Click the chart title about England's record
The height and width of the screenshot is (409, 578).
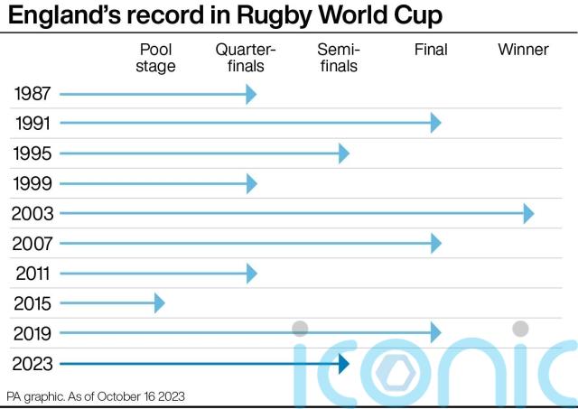coord(225,17)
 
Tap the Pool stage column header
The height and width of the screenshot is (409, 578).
coord(157,58)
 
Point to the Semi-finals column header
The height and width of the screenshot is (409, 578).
coord(339,58)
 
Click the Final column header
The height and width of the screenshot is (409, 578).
coord(431,50)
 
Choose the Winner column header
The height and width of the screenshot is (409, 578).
coord(523,50)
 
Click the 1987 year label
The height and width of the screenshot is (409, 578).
coord(33,94)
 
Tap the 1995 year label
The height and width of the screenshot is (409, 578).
coord(33,153)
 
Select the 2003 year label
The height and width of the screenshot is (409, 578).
coord(33,214)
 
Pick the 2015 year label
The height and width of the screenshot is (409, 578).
coord(33,303)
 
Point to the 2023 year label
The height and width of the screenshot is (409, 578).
coord(33,364)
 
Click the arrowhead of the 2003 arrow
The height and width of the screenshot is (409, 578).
coord(528,214)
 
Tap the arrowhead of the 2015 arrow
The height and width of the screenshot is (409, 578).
coord(160,303)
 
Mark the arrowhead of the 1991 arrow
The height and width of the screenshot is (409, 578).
coord(436,124)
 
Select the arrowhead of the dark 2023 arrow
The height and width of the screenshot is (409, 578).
coord(343,364)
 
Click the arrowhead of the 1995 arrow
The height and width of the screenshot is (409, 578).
coord(343,153)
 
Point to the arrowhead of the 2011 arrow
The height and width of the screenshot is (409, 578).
coord(252,274)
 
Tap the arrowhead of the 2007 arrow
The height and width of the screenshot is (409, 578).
coord(436,244)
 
